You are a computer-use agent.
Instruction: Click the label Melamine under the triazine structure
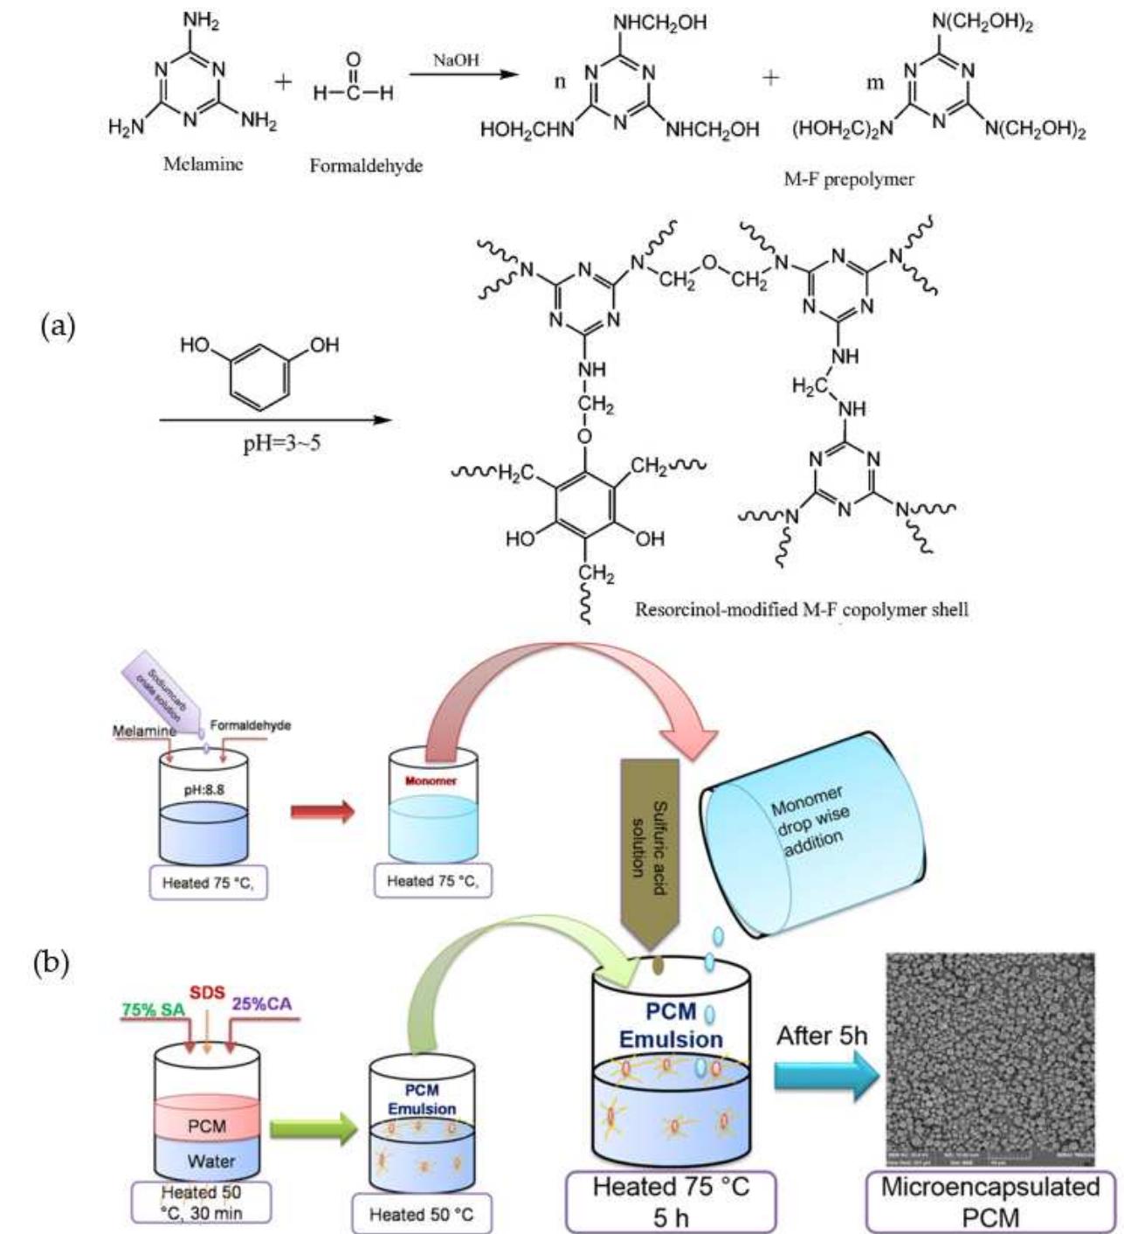[203, 163]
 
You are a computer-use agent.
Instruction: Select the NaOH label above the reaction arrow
[456, 60]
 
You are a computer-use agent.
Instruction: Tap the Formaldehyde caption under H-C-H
[366, 165]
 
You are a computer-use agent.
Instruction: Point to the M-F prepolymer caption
[849, 179]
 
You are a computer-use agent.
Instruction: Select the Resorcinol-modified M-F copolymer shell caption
[801, 609]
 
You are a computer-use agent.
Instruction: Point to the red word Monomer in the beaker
[431, 780]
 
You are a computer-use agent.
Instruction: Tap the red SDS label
[208, 994]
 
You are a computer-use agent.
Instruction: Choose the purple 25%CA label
[261, 1005]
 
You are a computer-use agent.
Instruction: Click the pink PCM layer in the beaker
[207, 1125]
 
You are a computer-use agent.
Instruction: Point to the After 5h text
[822, 1036]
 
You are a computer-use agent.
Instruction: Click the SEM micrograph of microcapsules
[990, 1058]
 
